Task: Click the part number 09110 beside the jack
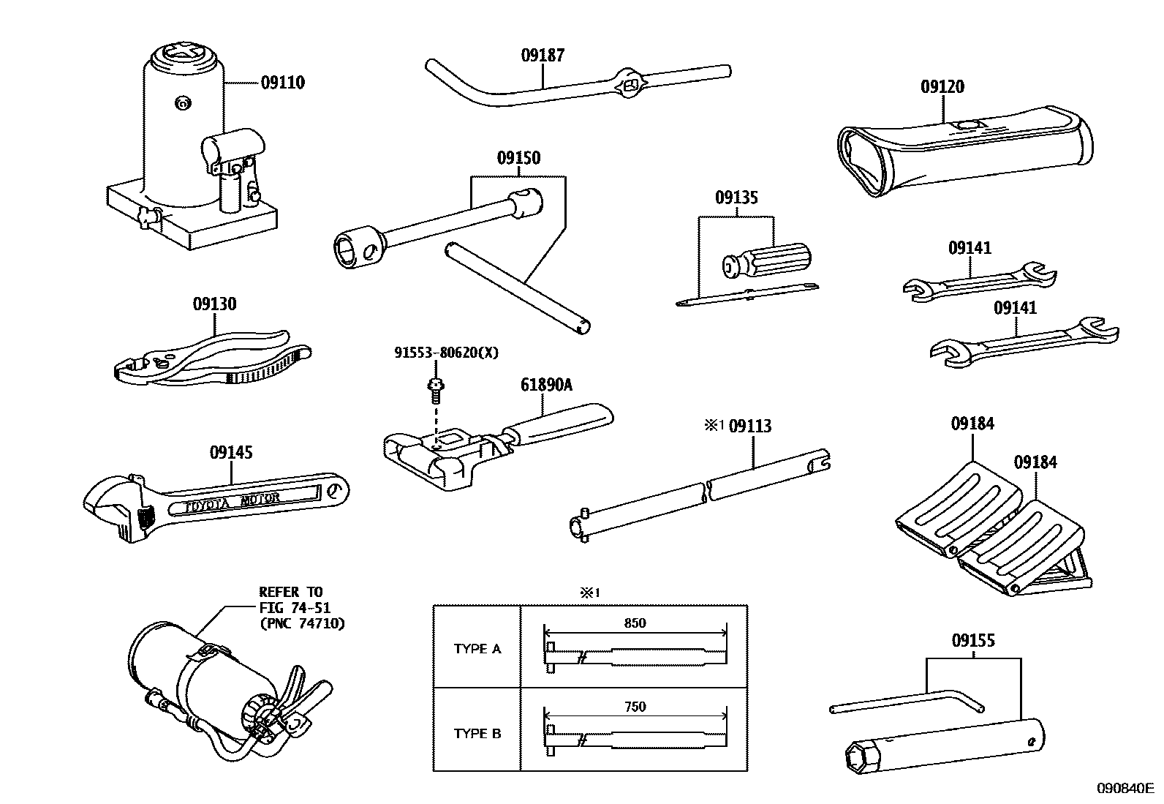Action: point(282,83)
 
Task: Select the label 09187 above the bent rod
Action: point(543,55)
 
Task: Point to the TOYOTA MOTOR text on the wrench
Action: point(232,500)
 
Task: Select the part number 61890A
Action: point(546,385)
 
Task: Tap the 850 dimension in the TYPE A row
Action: point(635,623)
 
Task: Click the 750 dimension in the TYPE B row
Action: point(635,707)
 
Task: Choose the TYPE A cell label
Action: point(477,649)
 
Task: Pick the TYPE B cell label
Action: point(477,734)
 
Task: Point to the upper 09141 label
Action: point(970,248)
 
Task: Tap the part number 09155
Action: point(972,641)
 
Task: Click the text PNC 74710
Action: point(302,624)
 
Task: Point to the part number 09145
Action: point(231,453)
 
